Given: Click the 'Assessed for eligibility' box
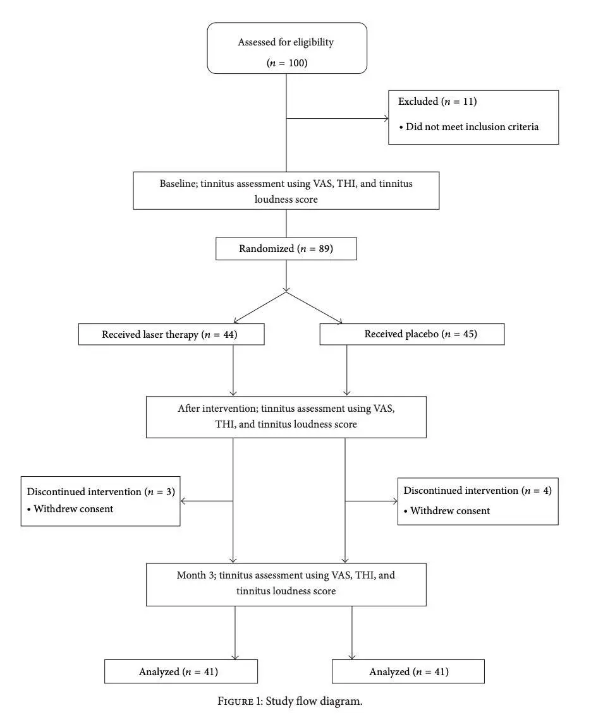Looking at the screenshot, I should [287, 48].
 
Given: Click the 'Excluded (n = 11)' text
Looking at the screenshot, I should [437, 102].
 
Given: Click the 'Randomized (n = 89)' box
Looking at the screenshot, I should [286, 249].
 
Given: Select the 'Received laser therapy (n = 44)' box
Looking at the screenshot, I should [171, 335].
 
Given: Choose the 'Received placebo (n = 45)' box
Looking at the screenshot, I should [411, 334].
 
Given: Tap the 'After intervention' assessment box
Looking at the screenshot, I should [286, 417].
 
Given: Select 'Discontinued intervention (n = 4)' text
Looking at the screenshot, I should [477, 491].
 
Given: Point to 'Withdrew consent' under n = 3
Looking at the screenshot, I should [73, 509].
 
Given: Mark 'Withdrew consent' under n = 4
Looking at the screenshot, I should [449, 510].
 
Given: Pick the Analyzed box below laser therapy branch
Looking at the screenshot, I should [181, 671].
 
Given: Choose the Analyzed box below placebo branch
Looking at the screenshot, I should [408, 671].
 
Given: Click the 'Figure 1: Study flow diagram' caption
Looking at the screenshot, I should [290, 702].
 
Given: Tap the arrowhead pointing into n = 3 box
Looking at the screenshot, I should [184, 501].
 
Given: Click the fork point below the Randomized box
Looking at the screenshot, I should [286, 292].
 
